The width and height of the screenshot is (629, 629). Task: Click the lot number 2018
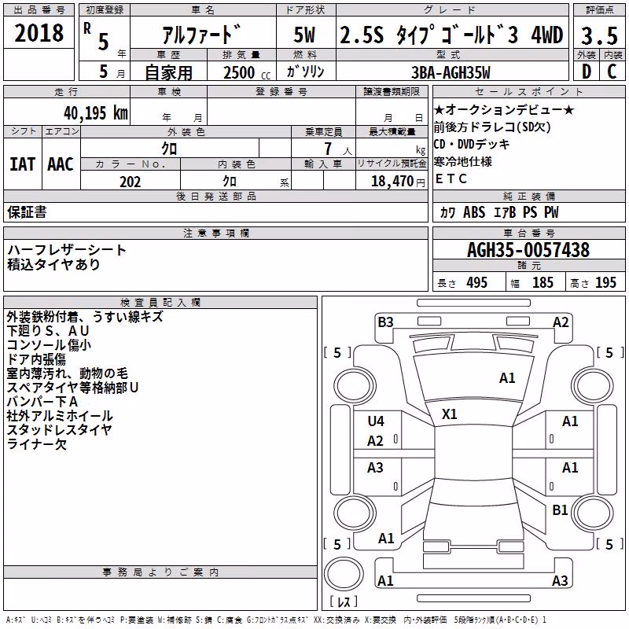tap(39, 33)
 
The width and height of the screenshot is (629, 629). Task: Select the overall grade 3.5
tap(599, 35)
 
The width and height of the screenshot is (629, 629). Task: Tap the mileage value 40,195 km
tap(95, 113)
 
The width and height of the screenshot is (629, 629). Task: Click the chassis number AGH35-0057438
tap(528, 250)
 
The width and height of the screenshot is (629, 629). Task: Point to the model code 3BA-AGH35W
tap(451, 72)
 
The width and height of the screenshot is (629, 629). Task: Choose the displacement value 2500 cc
tap(247, 72)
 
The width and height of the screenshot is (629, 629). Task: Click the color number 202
tap(130, 182)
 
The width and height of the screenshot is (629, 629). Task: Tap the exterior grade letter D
tap(587, 72)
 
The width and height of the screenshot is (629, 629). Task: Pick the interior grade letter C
tap(612, 72)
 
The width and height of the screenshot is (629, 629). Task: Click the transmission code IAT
tap(22, 164)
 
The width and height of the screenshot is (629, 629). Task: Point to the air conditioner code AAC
tap(61, 164)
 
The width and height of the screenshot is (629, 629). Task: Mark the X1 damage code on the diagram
tap(449, 414)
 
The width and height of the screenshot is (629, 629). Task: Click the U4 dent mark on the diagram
tap(376, 421)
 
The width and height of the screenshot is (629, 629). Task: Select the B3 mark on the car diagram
tap(385, 322)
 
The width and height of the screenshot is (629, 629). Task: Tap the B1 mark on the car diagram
tap(560, 509)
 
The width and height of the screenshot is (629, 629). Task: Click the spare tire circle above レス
tap(344, 574)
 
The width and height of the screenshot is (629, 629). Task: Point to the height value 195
tap(605, 282)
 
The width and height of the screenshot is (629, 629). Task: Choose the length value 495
tap(477, 282)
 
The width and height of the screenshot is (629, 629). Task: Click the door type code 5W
tap(304, 35)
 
